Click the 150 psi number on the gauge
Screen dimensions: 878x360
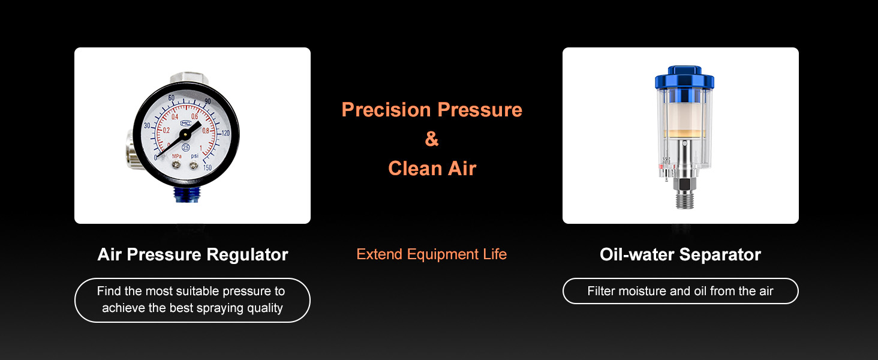(x=208, y=168)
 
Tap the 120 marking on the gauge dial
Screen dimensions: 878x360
(x=225, y=133)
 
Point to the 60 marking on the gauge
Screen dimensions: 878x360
(x=172, y=98)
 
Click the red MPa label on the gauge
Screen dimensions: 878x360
(x=177, y=156)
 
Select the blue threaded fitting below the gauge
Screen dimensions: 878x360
(x=187, y=194)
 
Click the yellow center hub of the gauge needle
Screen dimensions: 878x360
(x=185, y=135)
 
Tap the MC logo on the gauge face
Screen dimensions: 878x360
(x=185, y=123)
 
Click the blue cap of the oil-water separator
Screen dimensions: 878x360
(x=684, y=77)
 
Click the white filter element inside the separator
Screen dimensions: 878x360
(x=684, y=116)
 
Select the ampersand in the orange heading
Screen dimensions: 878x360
(x=432, y=139)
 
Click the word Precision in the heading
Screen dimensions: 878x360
(x=386, y=110)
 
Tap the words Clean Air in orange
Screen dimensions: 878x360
(x=432, y=169)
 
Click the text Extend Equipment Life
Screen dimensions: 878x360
(x=432, y=254)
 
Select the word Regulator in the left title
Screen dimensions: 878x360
(x=247, y=255)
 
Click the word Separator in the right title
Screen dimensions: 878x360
(x=720, y=255)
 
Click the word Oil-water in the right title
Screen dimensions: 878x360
(x=638, y=254)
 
